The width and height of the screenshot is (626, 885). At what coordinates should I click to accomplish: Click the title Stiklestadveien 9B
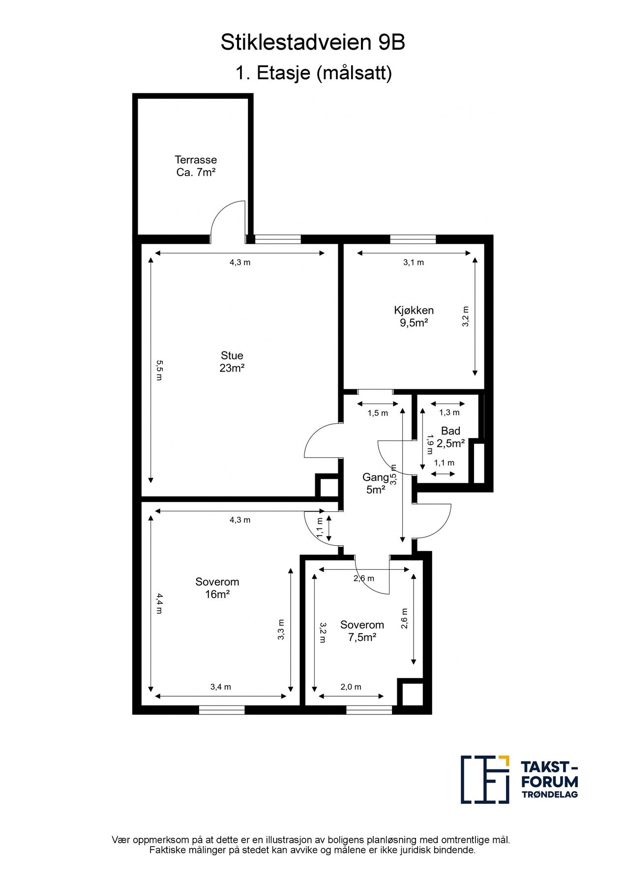point(313,43)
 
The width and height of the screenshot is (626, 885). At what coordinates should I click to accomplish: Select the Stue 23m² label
point(232,361)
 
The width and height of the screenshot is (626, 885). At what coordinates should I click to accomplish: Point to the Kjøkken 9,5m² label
point(414,317)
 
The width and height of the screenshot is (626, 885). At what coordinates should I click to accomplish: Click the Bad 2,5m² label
point(450,437)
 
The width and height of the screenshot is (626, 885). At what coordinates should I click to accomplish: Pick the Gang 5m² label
point(375,483)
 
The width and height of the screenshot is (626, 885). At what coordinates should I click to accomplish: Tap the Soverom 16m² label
point(217,588)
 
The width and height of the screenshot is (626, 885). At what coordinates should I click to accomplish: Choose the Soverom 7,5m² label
point(362,631)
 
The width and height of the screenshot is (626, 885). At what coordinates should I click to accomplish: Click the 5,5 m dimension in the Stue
point(159,370)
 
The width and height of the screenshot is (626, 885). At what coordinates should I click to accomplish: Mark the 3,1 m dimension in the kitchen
point(414,263)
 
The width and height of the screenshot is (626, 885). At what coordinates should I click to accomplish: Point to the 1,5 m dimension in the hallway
point(378,413)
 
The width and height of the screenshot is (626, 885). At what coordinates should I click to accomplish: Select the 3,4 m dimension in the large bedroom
point(220,687)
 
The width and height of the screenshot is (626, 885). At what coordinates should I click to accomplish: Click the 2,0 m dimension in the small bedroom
point(351,687)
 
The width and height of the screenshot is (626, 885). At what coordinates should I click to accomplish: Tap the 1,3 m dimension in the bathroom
point(449,413)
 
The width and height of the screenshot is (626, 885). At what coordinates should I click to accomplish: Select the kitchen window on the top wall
point(413,239)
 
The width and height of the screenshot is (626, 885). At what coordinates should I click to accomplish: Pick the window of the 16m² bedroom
point(222,710)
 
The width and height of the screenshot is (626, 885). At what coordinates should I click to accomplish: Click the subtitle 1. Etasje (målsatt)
point(314,73)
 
